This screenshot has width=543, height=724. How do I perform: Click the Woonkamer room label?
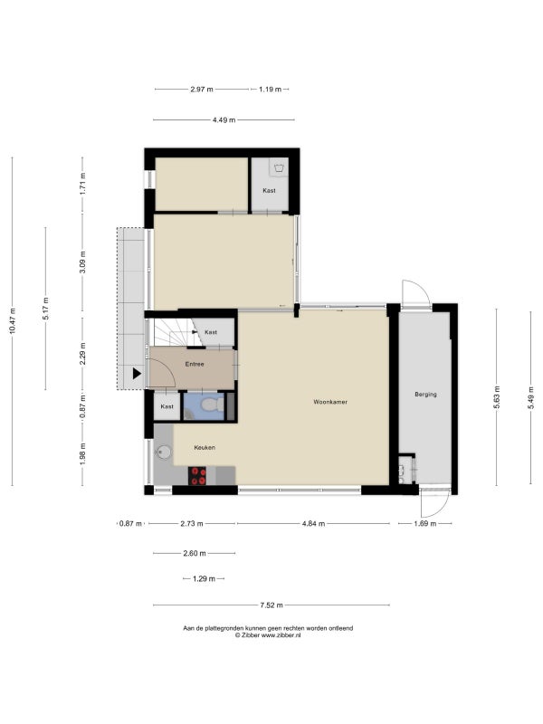pos(330,402)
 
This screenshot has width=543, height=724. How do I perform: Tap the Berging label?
pos(425,395)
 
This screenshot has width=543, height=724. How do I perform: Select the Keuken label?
pos(205,447)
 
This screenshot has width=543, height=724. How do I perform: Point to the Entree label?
pos(195,365)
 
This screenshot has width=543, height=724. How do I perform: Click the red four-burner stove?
pos(197,476)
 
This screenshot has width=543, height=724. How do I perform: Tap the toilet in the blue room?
pos(212,405)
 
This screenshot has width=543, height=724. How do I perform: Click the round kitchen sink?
pos(163,452)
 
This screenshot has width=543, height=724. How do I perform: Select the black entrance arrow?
pos(137,374)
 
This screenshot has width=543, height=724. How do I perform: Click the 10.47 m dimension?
pos(13,320)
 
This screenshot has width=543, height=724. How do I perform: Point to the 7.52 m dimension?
pos(271,605)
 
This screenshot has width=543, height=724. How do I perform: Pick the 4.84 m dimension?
pos(313,524)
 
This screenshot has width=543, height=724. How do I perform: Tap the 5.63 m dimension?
pos(497,398)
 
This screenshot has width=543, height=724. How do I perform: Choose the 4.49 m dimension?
pos(224,120)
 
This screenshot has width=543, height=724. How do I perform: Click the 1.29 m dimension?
pos(204,578)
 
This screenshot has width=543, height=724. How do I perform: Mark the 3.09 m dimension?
pos(82,262)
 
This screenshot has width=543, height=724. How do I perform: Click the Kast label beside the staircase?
pos(211,332)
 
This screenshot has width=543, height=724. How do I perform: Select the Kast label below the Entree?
pos(167,406)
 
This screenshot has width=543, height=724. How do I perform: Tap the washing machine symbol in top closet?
pos(278,168)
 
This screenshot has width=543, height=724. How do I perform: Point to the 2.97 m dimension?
pos(202,89)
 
